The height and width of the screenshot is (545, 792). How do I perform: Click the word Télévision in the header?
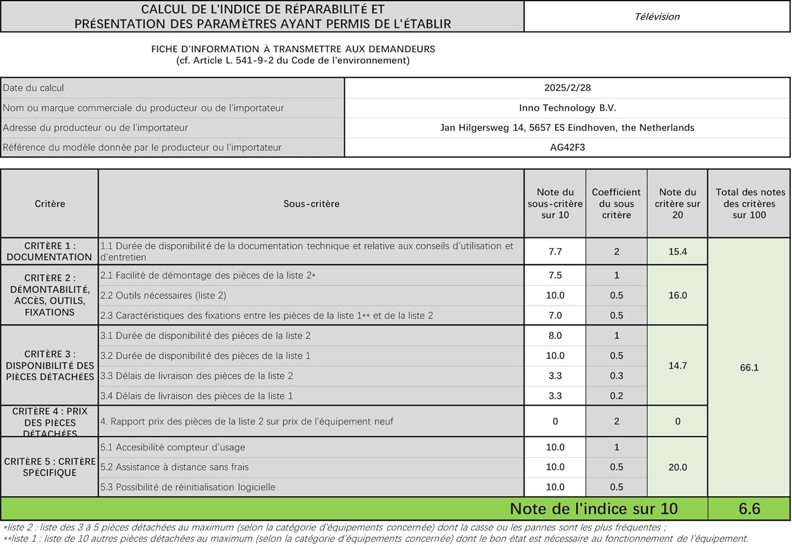pyautogui.click(x=657, y=16)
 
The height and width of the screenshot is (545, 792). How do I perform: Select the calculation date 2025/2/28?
pyautogui.click(x=568, y=88)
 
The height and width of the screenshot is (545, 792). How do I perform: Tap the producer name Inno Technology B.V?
pyautogui.click(x=568, y=108)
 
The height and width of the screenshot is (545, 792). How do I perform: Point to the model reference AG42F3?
pyautogui.click(x=568, y=147)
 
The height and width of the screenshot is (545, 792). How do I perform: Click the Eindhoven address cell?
pyautogui.click(x=568, y=127)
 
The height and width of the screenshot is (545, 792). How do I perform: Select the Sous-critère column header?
pyautogui.click(x=312, y=204)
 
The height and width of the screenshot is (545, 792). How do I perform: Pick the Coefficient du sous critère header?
pyautogui.click(x=616, y=204)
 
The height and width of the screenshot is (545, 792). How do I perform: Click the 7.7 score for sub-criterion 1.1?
pyautogui.click(x=555, y=252)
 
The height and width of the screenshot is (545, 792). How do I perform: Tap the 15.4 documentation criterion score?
pyautogui.click(x=677, y=252)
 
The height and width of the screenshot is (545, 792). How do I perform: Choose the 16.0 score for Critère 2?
pyautogui.click(x=677, y=295)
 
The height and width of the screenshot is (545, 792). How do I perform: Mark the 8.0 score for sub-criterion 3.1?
pyautogui.click(x=555, y=336)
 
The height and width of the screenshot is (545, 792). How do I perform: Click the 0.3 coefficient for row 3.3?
pyautogui.click(x=616, y=376)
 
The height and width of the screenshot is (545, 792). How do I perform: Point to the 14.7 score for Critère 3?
pyautogui.click(x=677, y=366)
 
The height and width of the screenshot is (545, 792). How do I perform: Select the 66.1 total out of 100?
pyautogui.click(x=749, y=367)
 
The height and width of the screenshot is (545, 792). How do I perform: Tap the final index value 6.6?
pyautogui.click(x=749, y=509)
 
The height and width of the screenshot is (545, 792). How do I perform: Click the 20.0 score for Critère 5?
pyautogui.click(x=677, y=467)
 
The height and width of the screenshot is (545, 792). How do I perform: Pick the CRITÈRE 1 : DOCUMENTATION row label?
pyautogui.click(x=50, y=252)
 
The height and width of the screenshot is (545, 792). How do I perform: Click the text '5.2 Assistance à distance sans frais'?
pyautogui.click(x=174, y=467)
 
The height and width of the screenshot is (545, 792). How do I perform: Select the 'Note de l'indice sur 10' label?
pyautogui.click(x=593, y=509)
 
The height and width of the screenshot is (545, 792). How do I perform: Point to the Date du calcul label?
pyautogui.click(x=33, y=88)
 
